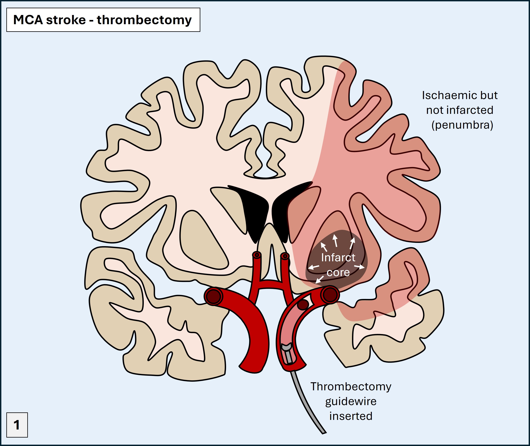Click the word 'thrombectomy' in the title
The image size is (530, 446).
(144, 20)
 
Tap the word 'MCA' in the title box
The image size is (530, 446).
(28, 20)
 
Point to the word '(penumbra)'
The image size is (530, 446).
(462, 125)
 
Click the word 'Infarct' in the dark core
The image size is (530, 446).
(338, 258)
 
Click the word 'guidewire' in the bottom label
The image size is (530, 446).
(351, 401)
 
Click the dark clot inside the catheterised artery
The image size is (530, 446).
(302, 305)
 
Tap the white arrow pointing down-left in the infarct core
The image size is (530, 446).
(319, 279)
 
